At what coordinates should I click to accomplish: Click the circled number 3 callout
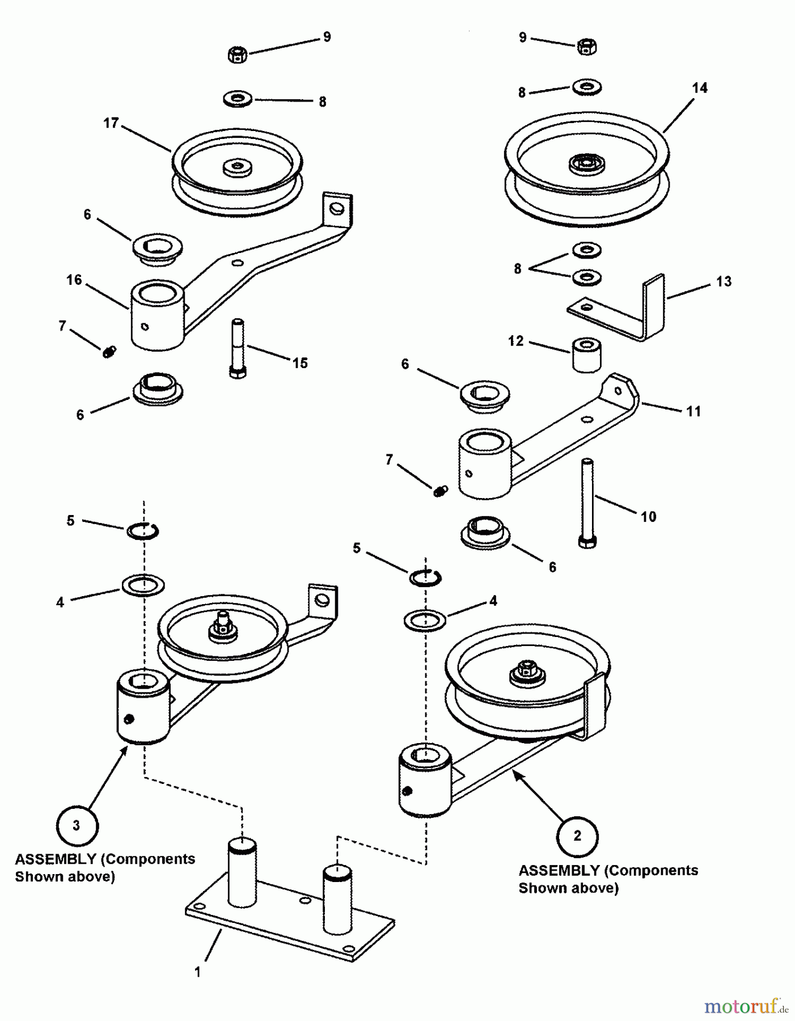(x=77, y=826)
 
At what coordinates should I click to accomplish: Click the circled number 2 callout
(x=577, y=836)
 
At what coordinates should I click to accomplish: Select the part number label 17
(x=111, y=123)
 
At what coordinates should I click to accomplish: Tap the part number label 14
(x=700, y=88)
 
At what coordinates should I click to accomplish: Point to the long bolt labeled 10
(x=587, y=503)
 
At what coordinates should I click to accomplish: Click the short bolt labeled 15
(x=238, y=348)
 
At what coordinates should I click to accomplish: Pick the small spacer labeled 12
(x=586, y=355)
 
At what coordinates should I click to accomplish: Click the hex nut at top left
(x=237, y=55)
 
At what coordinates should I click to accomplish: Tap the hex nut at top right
(x=586, y=47)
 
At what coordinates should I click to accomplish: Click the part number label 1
(x=197, y=972)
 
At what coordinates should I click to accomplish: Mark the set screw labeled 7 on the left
(x=109, y=352)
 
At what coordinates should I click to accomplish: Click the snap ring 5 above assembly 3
(x=142, y=531)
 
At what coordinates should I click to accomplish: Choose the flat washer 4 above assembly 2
(x=425, y=620)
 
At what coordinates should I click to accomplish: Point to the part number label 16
(x=74, y=280)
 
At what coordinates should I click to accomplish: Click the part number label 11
(x=693, y=411)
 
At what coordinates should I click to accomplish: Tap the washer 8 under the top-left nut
(x=237, y=99)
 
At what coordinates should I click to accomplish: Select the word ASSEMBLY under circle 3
(x=55, y=859)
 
